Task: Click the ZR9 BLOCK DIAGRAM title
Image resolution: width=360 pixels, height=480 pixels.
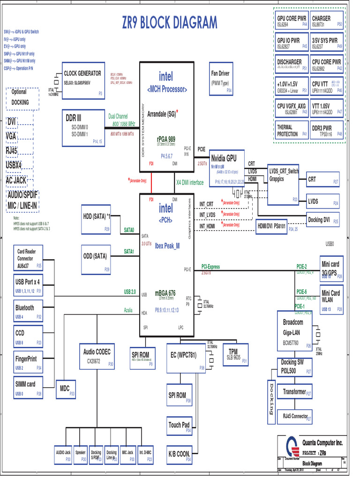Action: (x=170, y=22)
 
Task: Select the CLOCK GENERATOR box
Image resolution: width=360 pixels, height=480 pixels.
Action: (x=83, y=80)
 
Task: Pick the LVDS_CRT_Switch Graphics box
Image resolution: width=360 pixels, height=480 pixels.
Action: (x=283, y=184)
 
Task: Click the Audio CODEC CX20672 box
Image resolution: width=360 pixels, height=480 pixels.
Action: (x=97, y=356)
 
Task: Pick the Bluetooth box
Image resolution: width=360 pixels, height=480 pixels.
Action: (x=29, y=311)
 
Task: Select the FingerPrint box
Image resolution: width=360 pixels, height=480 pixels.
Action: (x=29, y=362)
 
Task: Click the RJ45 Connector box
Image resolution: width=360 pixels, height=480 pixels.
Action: (x=296, y=416)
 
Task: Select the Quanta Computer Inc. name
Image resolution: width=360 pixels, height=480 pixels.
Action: (x=322, y=443)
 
